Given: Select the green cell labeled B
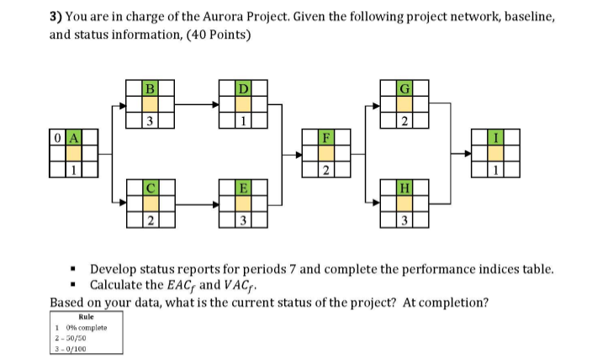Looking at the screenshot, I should coord(150,87).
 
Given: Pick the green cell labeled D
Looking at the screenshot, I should coord(243,87).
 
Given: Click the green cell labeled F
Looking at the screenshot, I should coord(329,137).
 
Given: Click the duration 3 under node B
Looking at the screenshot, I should coord(150,121).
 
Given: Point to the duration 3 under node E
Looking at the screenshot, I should coord(243,221).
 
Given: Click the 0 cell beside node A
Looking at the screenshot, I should coord(56,137).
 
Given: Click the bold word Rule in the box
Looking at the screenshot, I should coord(86,317).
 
